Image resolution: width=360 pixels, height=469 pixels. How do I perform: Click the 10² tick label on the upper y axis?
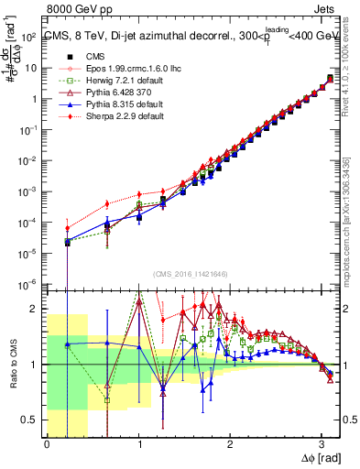point(31,37)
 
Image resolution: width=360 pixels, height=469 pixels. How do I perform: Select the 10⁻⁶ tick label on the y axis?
point(31,283)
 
